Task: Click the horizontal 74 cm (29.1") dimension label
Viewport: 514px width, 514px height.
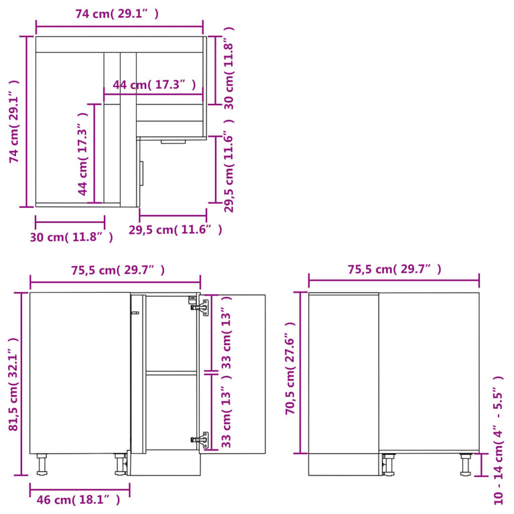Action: coord(117,13)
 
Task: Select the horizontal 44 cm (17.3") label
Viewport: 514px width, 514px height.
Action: coord(155,84)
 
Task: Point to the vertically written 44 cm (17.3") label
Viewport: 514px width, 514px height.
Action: coord(82,159)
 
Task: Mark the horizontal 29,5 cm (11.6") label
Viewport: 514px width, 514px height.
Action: coord(175,230)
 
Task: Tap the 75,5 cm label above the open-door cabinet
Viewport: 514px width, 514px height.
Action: coord(117,270)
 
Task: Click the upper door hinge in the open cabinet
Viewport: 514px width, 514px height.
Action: coord(200,305)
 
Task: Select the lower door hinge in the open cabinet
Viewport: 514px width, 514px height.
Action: coord(200,440)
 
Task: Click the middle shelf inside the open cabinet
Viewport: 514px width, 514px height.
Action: coord(172,372)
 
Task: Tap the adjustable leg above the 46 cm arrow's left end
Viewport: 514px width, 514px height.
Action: coord(42,464)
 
